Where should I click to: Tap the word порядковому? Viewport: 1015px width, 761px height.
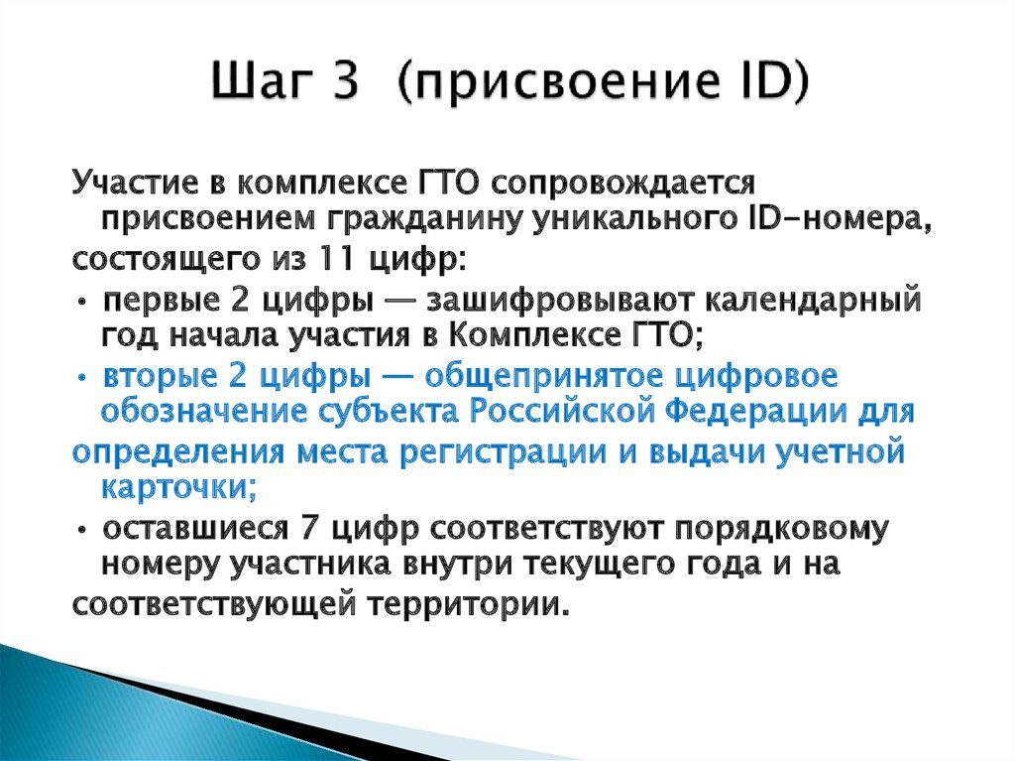[x=791, y=528]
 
